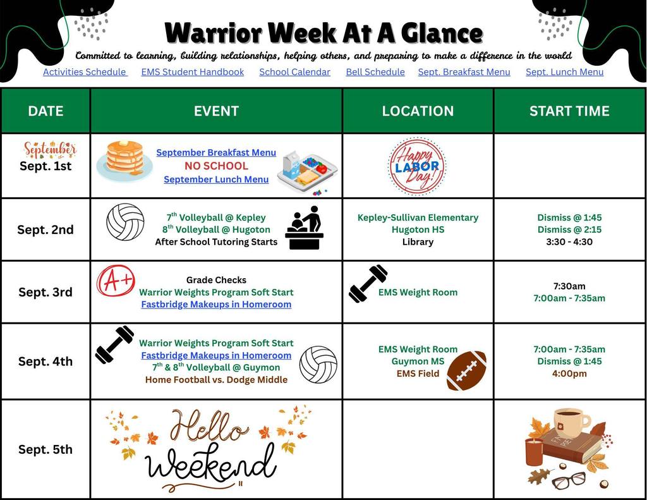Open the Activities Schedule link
click(x=85, y=72)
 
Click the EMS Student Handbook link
click(x=192, y=72)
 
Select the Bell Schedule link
click(x=375, y=72)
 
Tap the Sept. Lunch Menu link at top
click(x=564, y=72)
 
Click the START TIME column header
click(x=569, y=111)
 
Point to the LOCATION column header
click(x=418, y=111)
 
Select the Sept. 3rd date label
click(x=45, y=292)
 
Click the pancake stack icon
click(x=124, y=159)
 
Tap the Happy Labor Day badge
click(x=417, y=167)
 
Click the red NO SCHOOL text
click(x=216, y=166)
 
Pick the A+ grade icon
click(x=116, y=280)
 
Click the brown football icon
click(x=466, y=370)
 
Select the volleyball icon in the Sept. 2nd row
click(x=125, y=222)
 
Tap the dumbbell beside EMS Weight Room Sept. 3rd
click(x=368, y=283)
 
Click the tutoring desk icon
click(x=305, y=228)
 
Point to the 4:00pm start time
click(x=569, y=374)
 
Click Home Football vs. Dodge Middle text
click(x=216, y=380)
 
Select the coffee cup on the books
click(x=571, y=422)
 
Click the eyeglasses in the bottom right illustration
click(x=569, y=481)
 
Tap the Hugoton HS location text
click(x=418, y=229)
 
